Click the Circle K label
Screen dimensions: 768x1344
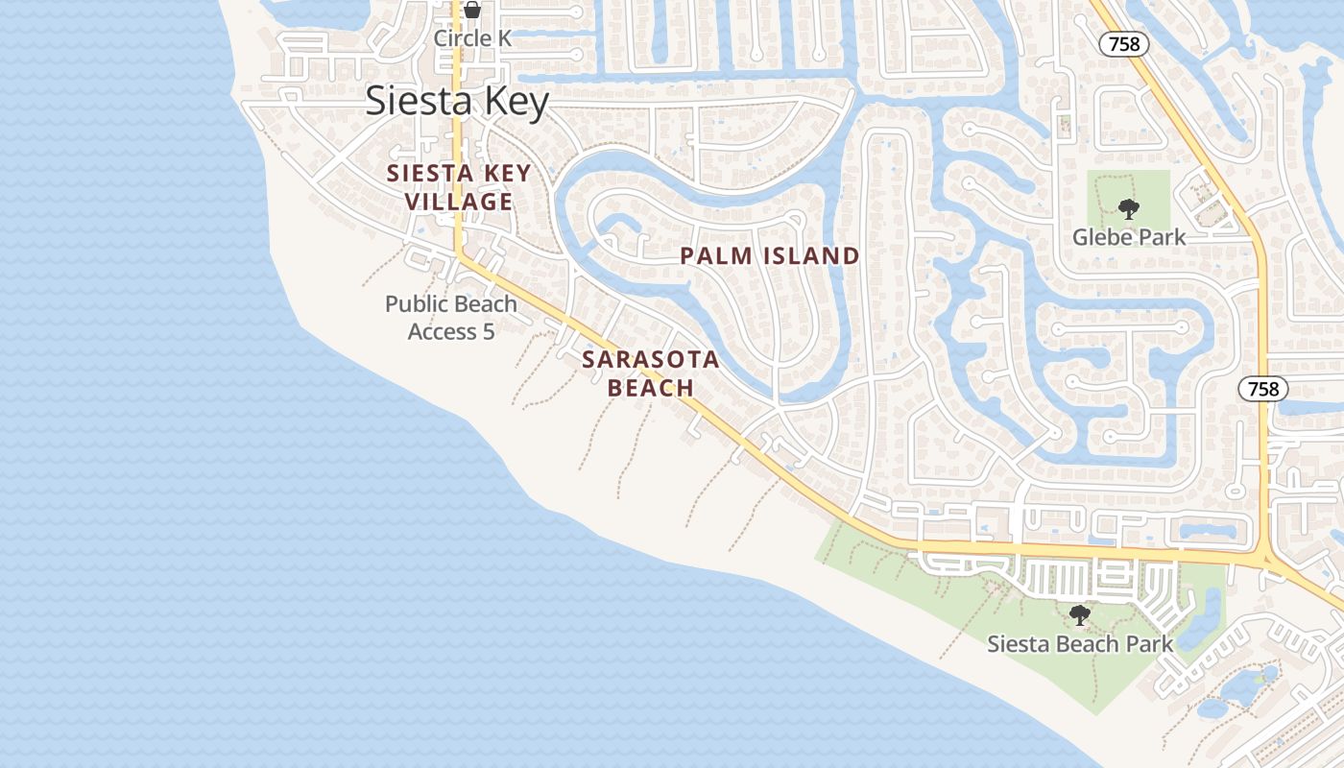pos(472,38)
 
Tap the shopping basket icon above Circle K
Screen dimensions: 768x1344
pos(472,11)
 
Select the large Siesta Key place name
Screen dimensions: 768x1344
pos(457,102)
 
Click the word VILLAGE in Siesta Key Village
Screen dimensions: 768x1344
pos(459,202)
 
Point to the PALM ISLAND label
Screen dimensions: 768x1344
pos(770,256)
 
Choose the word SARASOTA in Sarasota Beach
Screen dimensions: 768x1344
pos(651,360)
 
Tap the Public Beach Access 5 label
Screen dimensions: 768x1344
pos(451,318)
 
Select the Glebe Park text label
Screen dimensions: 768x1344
pos(1129,237)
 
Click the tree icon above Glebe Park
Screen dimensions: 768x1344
pos(1129,208)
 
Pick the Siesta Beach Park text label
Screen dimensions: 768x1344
pos(1080,644)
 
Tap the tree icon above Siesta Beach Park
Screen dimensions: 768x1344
pos(1080,614)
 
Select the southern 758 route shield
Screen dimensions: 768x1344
pos(1262,389)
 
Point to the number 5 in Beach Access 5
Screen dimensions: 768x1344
pos(488,332)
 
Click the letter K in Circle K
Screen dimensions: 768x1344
pos(505,38)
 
